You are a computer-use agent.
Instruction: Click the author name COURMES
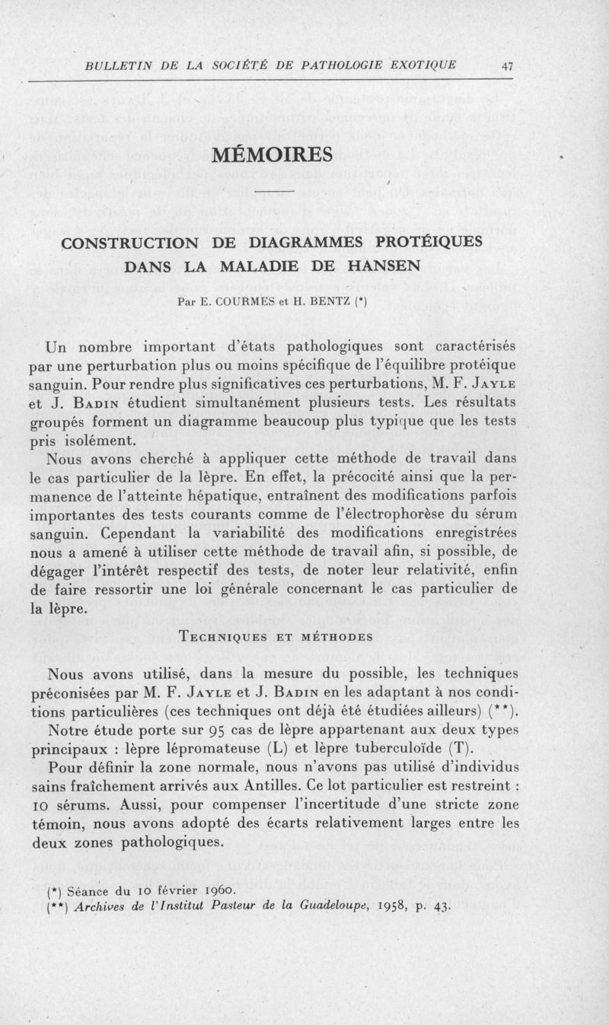(x=235, y=301)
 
